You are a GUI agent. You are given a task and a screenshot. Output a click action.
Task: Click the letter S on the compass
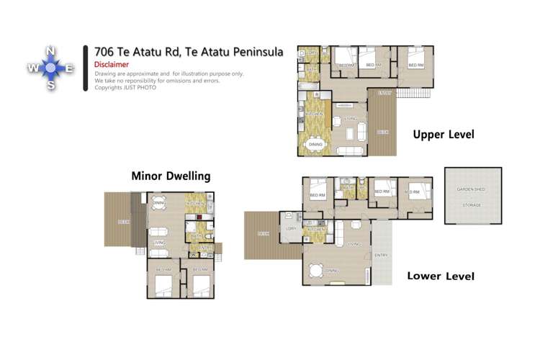pos(50,85)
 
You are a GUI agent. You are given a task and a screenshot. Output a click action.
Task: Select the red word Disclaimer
pos(112,64)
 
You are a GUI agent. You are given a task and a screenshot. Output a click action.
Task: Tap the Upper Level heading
pos(443,134)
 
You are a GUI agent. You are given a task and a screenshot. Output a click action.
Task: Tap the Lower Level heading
pos(440,276)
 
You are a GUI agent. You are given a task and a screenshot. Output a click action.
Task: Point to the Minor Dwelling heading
pos(170,176)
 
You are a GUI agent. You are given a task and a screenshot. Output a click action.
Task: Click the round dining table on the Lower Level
pos(316,271)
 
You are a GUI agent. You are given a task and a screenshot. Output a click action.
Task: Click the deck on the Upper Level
pos(382,122)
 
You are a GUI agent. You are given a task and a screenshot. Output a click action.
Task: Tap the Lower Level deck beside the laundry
pos(263,234)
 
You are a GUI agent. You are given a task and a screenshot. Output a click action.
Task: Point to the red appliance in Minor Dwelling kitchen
pos(192,214)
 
